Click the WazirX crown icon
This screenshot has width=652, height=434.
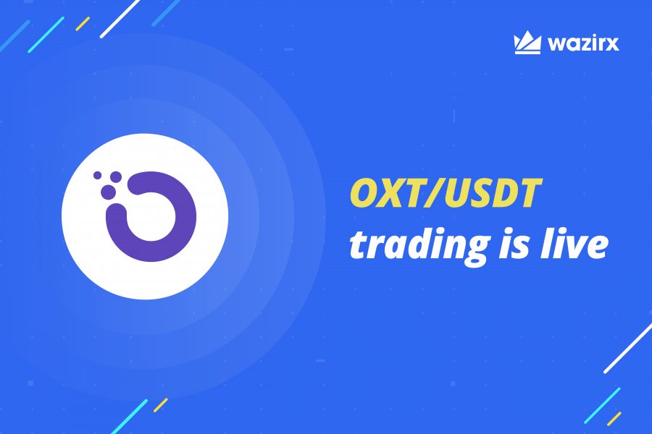click(527, 43)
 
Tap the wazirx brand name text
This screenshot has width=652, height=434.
click(583, 44)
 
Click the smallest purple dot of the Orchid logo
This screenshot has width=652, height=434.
click(97, 174)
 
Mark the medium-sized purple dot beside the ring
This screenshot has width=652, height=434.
click(114, 176)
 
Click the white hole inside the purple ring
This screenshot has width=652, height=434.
click(152, 216)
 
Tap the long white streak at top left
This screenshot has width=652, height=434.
click(120, 18)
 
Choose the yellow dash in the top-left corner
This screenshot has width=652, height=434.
click(83, 24)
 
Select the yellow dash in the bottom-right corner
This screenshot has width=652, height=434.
click(614, 417)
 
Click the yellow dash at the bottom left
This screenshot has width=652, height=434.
click(161, 404)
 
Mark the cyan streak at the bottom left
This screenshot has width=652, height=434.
click(130, 416)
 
